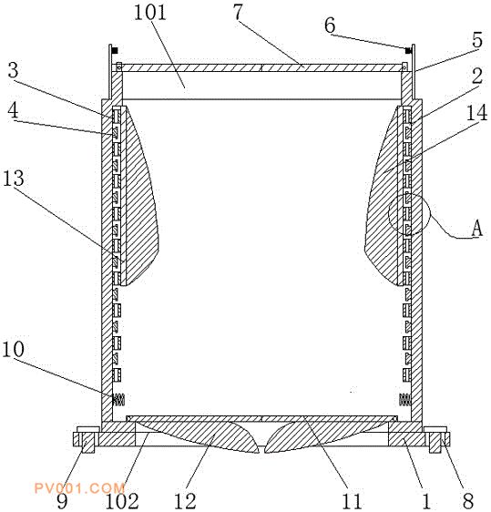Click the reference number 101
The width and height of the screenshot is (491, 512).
pos(150,13)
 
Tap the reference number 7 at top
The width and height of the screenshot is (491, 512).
pos(239,12)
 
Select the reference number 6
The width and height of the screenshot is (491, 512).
pos(330,25)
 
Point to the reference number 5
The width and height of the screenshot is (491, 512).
pos(477,40)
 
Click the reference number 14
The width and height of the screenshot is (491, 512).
pos(477,113)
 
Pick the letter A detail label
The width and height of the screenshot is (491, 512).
pos(477,228)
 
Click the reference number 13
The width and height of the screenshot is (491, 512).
pos(14,178)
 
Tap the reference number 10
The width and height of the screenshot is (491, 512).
pos(13,348)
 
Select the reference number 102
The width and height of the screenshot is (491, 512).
pos(122,500)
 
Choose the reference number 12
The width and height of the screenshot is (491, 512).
pos(185,500)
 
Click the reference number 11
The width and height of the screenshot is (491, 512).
pos(352,500)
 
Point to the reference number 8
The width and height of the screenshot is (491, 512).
pos(468,500)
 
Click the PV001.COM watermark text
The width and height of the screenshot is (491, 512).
pos(79,488)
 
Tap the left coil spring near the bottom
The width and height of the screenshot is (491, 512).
pos(118,399)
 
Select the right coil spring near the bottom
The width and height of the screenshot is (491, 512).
pos(405,399)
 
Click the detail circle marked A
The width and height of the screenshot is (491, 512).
pos(388,214)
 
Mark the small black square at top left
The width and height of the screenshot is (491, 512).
pos(115,51)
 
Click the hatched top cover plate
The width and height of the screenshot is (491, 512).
pos(261,67)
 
